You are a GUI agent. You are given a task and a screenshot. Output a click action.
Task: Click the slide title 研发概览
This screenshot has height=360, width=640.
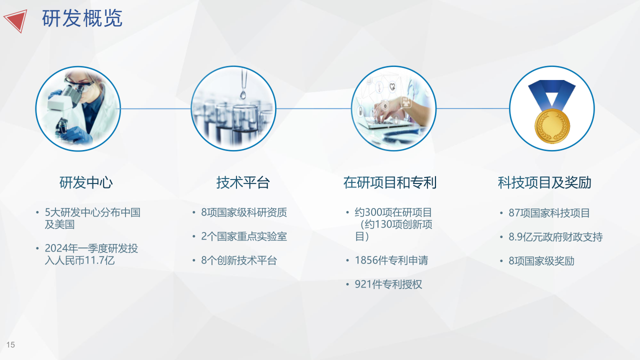click(x=82, y=18)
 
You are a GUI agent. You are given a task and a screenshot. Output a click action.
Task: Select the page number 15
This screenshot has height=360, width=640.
click(x=10, y=345)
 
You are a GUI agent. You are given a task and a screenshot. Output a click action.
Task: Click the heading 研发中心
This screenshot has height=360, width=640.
click(x=86, y=182)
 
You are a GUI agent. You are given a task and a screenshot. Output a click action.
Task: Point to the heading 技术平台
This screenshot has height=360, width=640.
click(x=243, y=182)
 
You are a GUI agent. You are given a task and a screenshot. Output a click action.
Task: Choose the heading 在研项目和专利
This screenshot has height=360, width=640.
click(x=389, y=182)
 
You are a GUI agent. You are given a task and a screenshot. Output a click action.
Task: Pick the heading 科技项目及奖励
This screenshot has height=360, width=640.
click(x=544, y=182)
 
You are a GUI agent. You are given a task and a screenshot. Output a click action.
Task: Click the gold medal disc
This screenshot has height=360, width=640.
click(x=552, y=126)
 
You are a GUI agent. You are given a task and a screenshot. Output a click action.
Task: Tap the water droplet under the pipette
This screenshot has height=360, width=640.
click(x=243, y=94)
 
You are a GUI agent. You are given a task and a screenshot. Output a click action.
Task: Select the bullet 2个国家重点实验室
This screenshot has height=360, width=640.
click(x=243, y=236)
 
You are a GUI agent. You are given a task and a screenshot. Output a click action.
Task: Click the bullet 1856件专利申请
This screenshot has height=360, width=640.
click(x=391, y=260)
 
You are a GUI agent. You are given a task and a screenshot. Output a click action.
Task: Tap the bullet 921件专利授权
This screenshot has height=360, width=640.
click(x=388, y=284)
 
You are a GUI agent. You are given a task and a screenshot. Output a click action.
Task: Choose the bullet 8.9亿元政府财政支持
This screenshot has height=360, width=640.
click(x=555, y=237)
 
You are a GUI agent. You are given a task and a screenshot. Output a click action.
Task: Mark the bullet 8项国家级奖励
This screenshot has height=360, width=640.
click(x=541, y=261)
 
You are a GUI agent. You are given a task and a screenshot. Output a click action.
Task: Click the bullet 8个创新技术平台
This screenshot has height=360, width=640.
click(x=239, y=260)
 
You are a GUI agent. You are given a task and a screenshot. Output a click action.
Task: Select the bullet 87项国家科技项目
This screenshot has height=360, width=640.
click(x=549, y=213)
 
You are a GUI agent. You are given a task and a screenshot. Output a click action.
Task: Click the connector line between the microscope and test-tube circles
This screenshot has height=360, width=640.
click(x=155, y=108)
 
